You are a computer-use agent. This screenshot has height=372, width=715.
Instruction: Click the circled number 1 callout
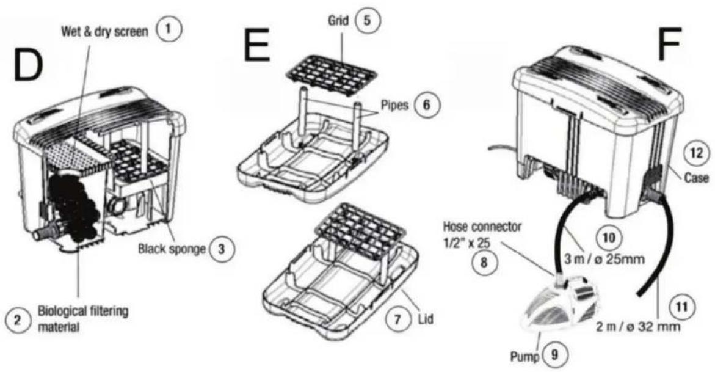pyautogui.click(x=169, y=30)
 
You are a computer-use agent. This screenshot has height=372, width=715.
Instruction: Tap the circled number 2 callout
pyautogui.click(x=18, y=319)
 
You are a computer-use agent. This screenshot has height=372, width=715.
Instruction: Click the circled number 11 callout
pyautogui.click(x=681, y=305)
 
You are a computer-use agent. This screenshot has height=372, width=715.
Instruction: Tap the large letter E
pyautogui.click(x=256, y=45)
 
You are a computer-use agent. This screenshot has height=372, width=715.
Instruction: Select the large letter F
pyautogui.click(x=670, y=45)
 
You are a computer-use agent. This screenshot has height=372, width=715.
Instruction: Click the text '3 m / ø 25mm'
pyautogui.click(x=604, y=259)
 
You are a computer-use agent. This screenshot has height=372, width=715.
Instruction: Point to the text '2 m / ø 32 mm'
pyautogui.click(x=639, y=326)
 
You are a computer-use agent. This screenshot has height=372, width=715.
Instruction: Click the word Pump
pyautogui.click(x=525, y=357)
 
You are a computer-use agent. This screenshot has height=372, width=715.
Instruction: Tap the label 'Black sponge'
pyautogui.click(x=172, y=249)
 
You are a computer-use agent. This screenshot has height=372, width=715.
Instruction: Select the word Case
pyautogui.click(x=697, y=178)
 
